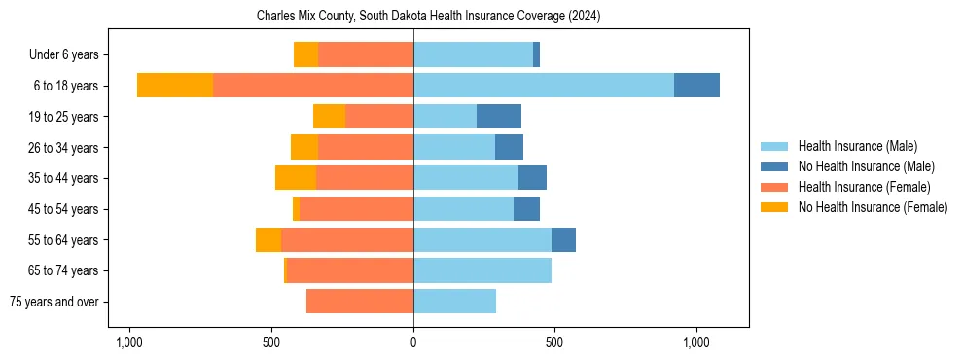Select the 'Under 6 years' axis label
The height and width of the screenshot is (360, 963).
pyautogui.click(x=70, y=54)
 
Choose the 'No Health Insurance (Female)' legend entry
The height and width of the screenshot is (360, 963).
pyautogui.click(x=873, y=207)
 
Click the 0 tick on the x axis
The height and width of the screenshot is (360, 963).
pyautogui.click(x=413, y=343)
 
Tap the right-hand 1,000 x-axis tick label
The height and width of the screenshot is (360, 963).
pyautogui.click(x=696, y=343)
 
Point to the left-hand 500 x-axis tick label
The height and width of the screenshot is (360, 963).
pyautogui.click(x=271, y=343)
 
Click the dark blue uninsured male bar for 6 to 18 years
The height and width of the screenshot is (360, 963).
pyautogui.click(x=696, y=85)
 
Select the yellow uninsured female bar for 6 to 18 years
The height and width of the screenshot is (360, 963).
pyautogui.click(x=175, y=85)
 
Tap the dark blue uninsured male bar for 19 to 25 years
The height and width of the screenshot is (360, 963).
pyautogui.click(x=499, y=116)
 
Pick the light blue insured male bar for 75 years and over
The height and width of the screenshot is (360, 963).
pyautogui.click(x=454, y=302)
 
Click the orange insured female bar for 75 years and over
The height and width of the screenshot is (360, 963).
pyautogui.click(x=360, y=302)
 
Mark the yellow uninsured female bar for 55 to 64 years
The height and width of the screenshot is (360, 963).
pyautogui.click(x=268, y=239)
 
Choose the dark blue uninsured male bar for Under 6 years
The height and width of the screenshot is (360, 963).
pyautogui.click(x=536, y=54)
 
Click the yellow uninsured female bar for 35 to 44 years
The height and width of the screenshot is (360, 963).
pyautogui.click(x=296, y=178)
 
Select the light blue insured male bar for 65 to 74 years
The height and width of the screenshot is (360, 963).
pyautogui.click(x=482, y=270)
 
